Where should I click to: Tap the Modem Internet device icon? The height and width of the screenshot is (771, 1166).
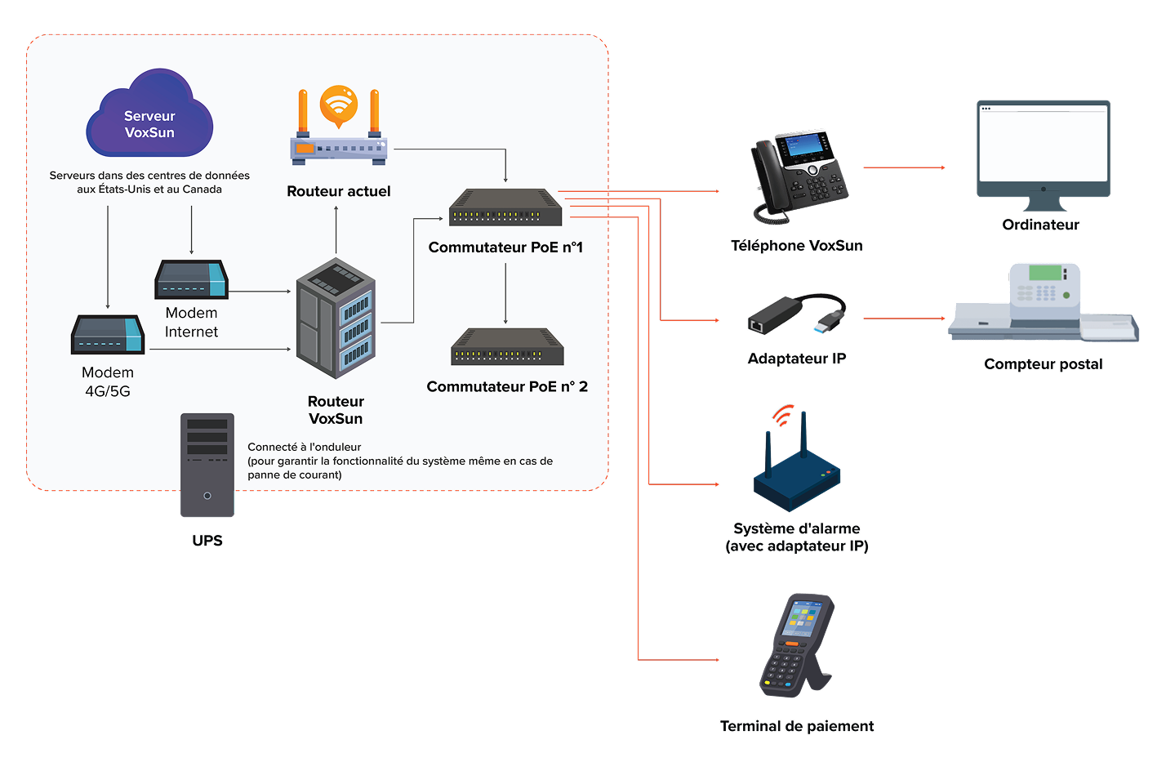point(191,280)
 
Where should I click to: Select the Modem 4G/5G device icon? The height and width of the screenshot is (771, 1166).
point(108,335)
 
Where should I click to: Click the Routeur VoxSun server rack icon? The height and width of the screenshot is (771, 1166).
point(336,319)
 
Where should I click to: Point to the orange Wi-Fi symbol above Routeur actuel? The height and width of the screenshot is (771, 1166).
point(339,105)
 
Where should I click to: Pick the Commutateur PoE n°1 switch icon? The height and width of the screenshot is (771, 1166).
point(505,207)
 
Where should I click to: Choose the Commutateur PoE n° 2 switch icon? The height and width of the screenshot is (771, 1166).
point(507,347)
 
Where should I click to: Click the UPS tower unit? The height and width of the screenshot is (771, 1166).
point(207,465)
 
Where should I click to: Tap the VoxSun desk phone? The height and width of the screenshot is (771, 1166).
point(799,175)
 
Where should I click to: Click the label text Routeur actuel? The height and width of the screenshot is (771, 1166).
point(339,191)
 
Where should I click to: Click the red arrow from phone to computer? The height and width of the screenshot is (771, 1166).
point(904,167)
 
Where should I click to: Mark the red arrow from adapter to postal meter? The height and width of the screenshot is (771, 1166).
point(904,319)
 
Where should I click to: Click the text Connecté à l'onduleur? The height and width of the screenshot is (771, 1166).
point(305,448)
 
